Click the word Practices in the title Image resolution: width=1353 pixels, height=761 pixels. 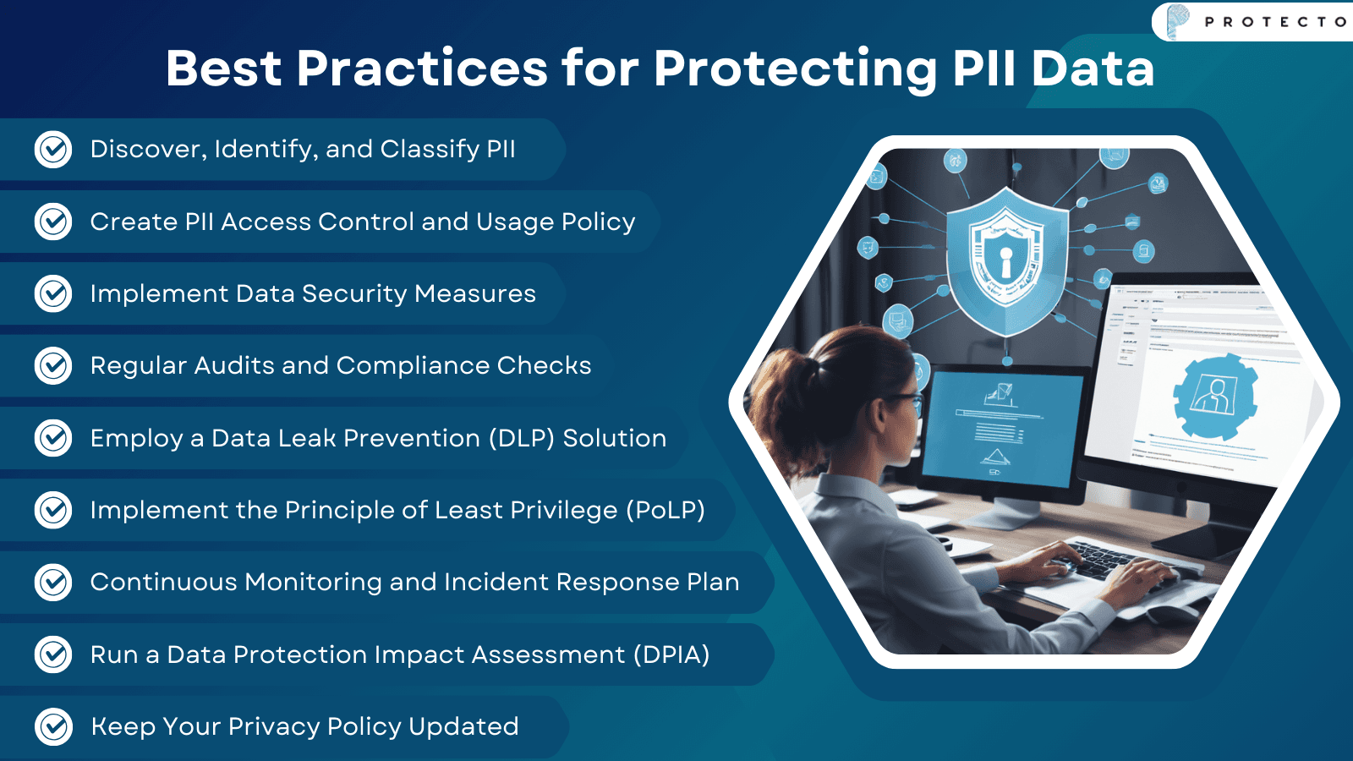pos(422,68)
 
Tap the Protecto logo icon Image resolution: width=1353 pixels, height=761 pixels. pos(1177,21)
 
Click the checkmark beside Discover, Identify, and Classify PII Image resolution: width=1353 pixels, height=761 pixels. pos(53,150)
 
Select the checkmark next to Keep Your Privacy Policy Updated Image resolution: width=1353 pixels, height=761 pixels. pos(53,726)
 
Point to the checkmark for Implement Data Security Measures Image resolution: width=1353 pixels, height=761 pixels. pos(53,293)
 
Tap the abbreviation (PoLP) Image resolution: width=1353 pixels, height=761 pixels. pos(665,510)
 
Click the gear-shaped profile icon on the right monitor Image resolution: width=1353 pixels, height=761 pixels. pos(1214,396)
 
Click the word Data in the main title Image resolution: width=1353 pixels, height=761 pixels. pos(1093,68)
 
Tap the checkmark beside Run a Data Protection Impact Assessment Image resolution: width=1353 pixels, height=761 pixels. pos(53,654)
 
